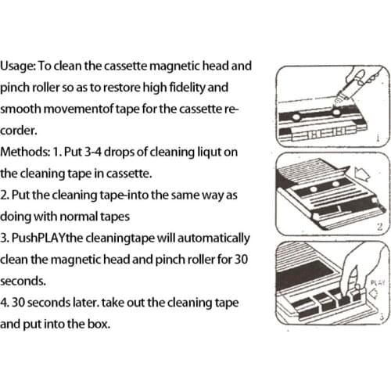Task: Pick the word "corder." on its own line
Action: click(x=21, y=131)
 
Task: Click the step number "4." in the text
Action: click(x=6, y=300)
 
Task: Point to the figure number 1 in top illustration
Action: click(x=378, y=138)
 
